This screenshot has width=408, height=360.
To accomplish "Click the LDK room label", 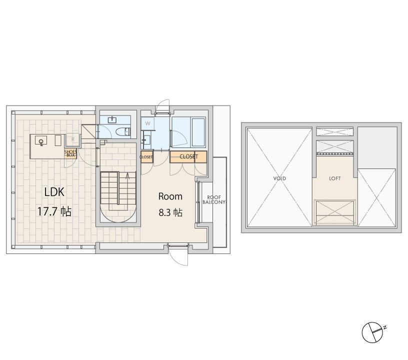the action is tap(54, 192).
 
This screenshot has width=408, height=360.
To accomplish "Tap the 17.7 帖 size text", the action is tap(54, 211).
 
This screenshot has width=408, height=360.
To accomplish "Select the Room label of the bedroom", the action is tap(170, 196).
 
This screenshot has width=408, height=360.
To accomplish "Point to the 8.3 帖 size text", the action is tap(170, 213).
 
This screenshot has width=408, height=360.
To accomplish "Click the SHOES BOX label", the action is tap(70, 153).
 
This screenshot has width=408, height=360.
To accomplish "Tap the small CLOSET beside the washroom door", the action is tap(146, 157).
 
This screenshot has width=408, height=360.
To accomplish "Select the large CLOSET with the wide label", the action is tap(188, 156).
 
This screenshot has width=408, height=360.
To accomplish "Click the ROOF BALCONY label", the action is tap(214, 200).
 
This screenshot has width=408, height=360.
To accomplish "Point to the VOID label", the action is tap(279, 178).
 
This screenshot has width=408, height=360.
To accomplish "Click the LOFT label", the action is tap(335, 178).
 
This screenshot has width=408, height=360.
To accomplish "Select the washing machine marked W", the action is tap(148, 123).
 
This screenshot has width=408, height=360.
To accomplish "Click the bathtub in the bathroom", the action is tap(198, 132).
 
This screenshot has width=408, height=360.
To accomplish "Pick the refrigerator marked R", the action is tap(73, 139).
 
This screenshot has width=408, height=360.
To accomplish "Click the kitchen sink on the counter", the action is tap(41, 140).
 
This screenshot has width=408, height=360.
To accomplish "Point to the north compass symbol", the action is tap(372, 332).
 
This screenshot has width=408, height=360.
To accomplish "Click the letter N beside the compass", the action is tap(385, 327).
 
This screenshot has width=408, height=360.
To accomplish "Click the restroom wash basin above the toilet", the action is tap(112, 119).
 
